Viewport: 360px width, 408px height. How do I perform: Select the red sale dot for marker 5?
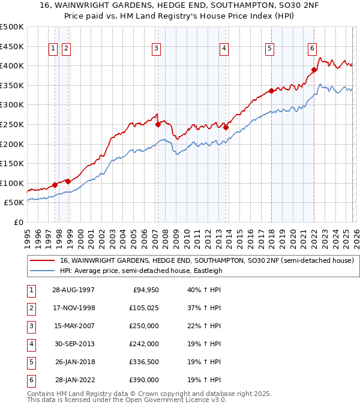pos(271,91)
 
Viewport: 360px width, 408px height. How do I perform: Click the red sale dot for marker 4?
pos(226,127)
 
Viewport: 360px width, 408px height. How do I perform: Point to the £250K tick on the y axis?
pos(13,124)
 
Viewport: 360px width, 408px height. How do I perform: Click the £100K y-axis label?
pos(13,183)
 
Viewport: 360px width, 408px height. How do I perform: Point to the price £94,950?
pos(145,290)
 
